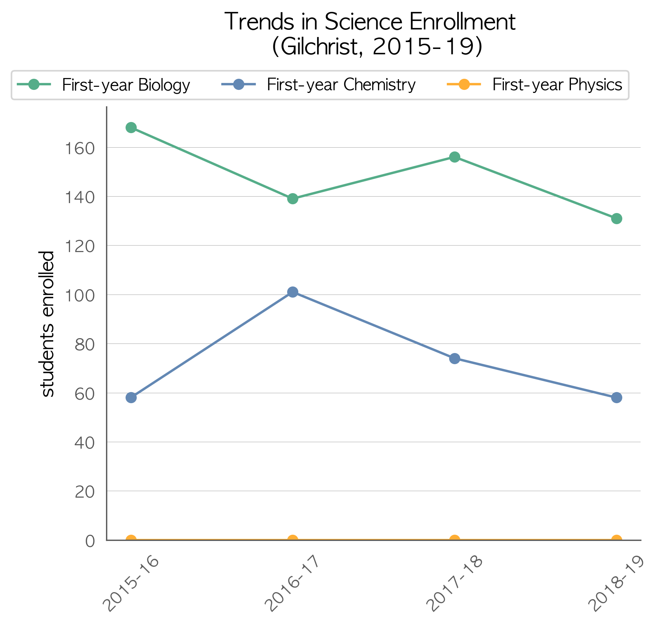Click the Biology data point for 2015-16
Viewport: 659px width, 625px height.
pos(131,128)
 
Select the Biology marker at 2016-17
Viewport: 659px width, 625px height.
pos(293,199)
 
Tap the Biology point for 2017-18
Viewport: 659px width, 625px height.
pos(455,157)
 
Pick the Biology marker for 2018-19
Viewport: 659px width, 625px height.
pos(616,218)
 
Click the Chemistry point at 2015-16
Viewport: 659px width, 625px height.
pos(131,397)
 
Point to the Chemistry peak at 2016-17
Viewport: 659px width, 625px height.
pos(293,292)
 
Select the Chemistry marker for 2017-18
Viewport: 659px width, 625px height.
pos(455,358)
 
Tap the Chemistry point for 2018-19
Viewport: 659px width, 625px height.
pos(616,397)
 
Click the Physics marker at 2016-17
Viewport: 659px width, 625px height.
pos(293,539)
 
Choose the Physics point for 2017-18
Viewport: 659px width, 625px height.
pos(455,539)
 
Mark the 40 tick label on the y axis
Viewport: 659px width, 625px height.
pos(85,443)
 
